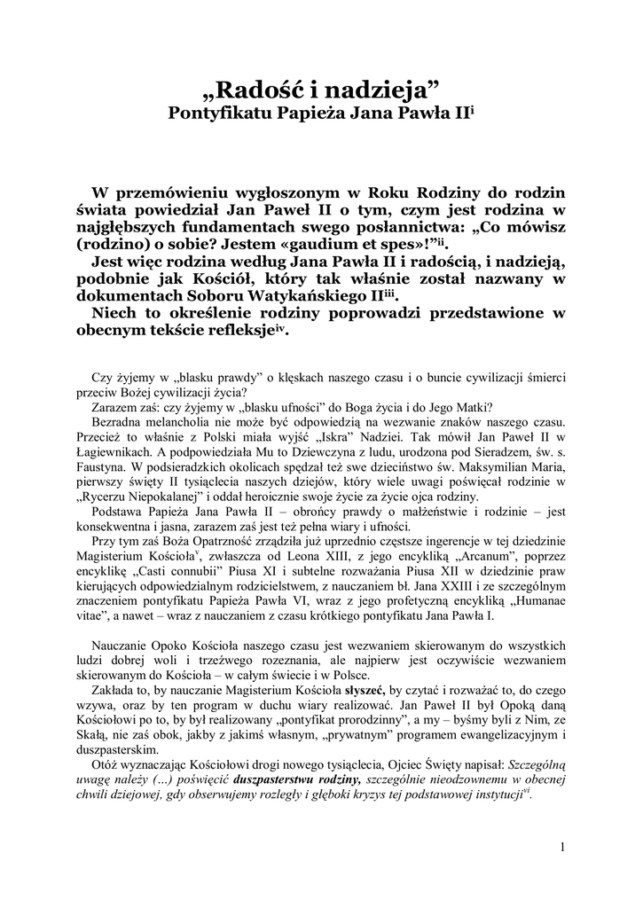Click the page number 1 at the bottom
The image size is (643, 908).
coord(562,847)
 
